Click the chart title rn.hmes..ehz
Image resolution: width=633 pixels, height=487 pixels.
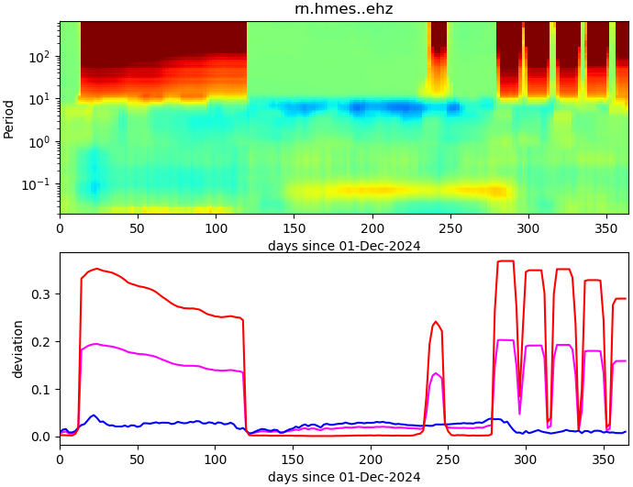coord(343,9)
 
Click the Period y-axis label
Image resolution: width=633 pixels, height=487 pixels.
coord(9,117)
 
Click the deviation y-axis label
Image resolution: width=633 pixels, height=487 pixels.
coord(17,349)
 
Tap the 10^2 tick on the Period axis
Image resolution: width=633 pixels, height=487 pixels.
coord(40,57)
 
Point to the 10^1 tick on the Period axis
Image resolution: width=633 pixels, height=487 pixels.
coord(40,99)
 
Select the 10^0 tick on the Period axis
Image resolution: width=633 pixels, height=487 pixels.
coord(40,141)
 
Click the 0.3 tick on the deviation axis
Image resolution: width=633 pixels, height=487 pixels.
coord(42,294)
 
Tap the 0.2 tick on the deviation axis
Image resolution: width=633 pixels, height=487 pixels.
coord(42,342)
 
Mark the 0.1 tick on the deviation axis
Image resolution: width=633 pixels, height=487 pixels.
coord(42,389)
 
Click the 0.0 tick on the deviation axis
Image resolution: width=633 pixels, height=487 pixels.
coord(42,437)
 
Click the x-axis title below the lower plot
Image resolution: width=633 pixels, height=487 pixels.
coord(344,477)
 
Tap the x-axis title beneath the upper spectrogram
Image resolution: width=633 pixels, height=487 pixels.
coord(344,246)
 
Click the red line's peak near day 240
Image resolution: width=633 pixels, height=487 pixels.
coord(436,322)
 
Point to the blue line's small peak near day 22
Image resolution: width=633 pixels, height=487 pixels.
coord(94,415)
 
